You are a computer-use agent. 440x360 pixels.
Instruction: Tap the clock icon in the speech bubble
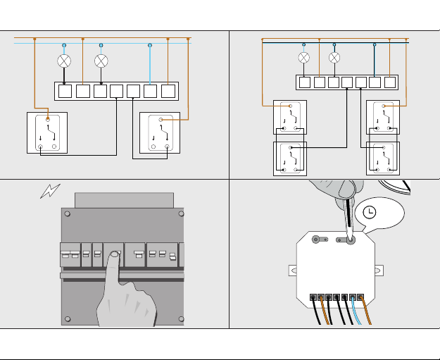click(370, 212)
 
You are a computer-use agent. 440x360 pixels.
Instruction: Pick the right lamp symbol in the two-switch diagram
click(101, 61)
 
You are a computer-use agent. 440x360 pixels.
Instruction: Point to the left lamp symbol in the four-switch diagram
click(304, 57)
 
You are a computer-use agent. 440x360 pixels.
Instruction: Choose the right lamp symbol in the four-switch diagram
click(334, 57)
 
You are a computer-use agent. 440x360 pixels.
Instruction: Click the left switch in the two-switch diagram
click(47, 132)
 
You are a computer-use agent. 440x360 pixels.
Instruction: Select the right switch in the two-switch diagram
click(161, 132)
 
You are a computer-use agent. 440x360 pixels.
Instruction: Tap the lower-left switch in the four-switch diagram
click(290, 159)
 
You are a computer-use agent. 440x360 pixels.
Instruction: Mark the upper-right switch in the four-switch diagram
click(383, 118)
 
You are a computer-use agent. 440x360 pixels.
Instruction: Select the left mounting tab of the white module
click(292, 270)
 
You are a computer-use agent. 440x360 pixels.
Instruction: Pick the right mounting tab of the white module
click(378, 270)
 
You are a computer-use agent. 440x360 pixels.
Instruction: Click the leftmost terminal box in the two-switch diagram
click(65, 90)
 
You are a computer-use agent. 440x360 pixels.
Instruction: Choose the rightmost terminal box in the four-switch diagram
click(390, 82)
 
